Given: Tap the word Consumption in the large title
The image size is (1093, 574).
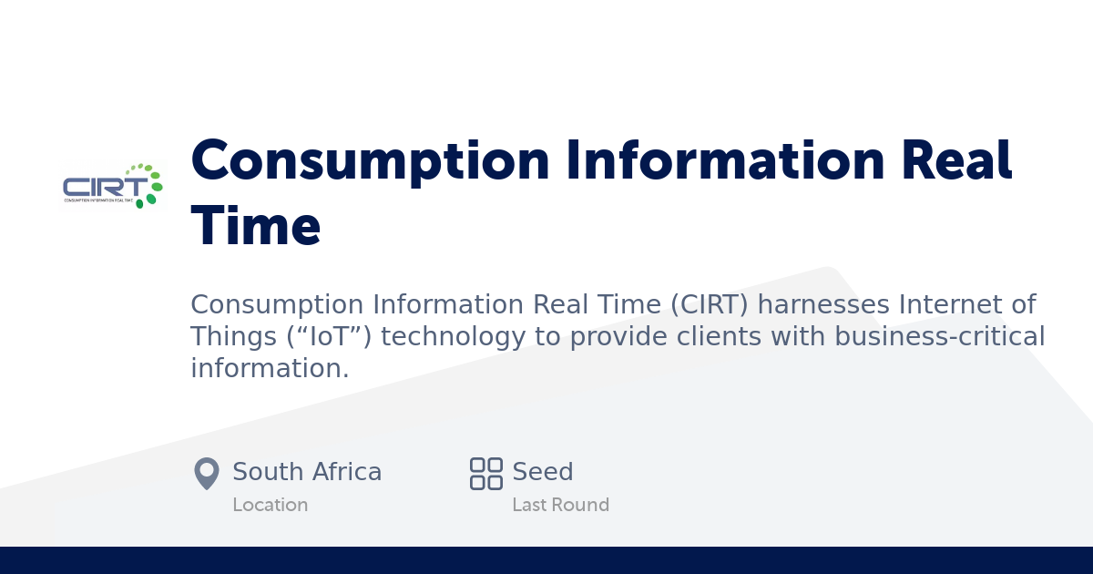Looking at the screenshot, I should click(370, 160).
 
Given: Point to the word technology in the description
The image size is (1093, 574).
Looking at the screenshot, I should click(455, 337).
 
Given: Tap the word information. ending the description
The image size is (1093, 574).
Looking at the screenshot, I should click(270, 369).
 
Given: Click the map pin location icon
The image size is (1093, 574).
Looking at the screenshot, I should click(207, 473).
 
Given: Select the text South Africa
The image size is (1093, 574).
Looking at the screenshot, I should click(307, 472).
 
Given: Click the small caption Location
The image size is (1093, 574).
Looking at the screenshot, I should click(270, 505).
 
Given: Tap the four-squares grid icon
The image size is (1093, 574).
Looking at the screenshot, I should click(485, 474).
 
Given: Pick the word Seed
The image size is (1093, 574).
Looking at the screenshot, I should click(543, 472).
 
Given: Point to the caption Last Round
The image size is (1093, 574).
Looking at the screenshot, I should click(560, 505).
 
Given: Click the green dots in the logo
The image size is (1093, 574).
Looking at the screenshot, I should click(148, 183).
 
